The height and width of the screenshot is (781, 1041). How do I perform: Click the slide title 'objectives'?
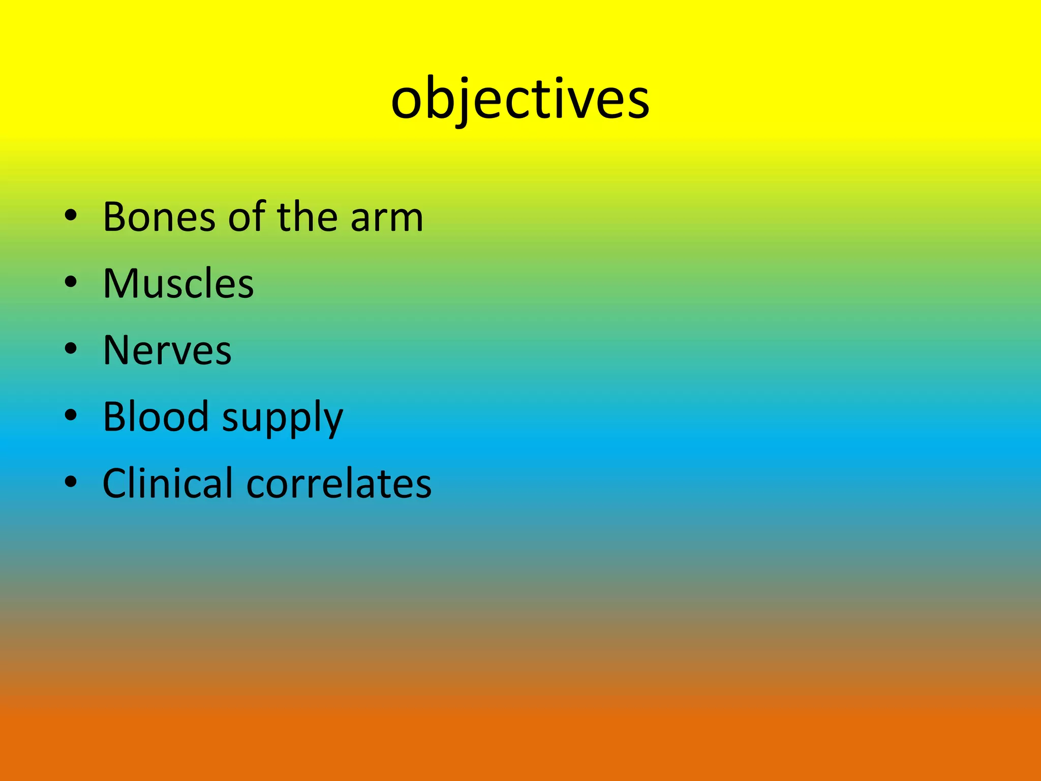click(520, 99)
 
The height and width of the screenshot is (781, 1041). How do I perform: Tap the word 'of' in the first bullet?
click(247, 217)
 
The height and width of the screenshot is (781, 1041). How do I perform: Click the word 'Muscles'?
click(178, 284)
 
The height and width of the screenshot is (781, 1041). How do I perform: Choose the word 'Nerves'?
click(167, 350)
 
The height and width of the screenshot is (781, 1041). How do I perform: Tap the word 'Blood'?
click(156, 416)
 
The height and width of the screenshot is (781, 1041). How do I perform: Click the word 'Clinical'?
click(168, 483)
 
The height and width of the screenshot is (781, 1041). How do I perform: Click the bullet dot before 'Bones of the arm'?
click(71, 216)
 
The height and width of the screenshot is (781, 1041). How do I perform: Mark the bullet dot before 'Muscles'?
click(71, 282)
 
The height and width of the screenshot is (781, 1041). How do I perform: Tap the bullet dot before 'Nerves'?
click(71, 348)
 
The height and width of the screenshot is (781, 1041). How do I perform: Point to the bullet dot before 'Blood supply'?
click(71, 415)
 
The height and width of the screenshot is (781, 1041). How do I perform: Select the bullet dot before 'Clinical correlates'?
click(71, 482)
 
